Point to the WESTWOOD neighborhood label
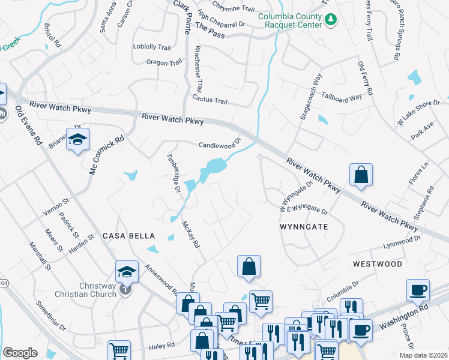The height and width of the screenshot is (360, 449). [x=377, y=263]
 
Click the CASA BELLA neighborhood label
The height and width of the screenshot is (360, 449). [x=128, y=236]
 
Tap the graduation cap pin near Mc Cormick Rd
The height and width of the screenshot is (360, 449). [x=77, y=140]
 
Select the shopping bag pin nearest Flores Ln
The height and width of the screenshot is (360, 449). [x=361, y=175]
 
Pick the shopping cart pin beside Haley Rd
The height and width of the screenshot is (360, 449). [x=119, y=351]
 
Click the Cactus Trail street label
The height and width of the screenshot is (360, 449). [x=209, y=100]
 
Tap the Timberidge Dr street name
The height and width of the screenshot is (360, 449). [x=174, y=172]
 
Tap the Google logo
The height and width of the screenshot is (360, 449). [x=20, y=352]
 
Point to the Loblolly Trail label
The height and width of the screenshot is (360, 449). [x=152, y=47]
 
